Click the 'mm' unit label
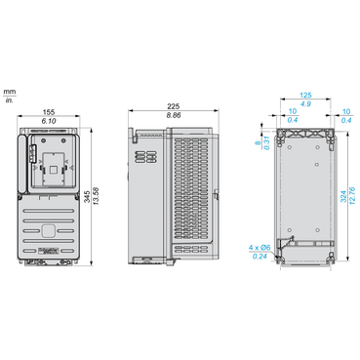click(x=9, y=89)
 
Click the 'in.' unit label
click(x=9, y=100)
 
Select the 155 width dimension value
click(x=47, y=110)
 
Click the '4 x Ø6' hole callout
click(x=260, y=247)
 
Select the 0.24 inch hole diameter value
click(x=260, y=257)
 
